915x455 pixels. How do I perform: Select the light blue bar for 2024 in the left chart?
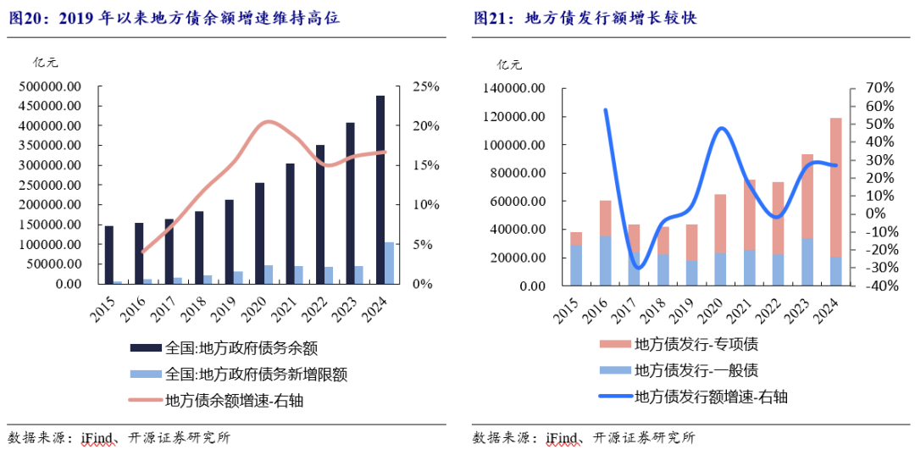pos(389,264)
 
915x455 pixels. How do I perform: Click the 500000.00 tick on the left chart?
pos(49,86)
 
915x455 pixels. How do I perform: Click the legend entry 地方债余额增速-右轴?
pos(234,401)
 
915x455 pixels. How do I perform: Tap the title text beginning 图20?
pos(174,18)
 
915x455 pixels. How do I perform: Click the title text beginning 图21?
pos(585,18)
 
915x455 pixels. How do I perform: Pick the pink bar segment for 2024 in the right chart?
pos(835,186)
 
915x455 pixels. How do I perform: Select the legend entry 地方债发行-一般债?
pos(696,369)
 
